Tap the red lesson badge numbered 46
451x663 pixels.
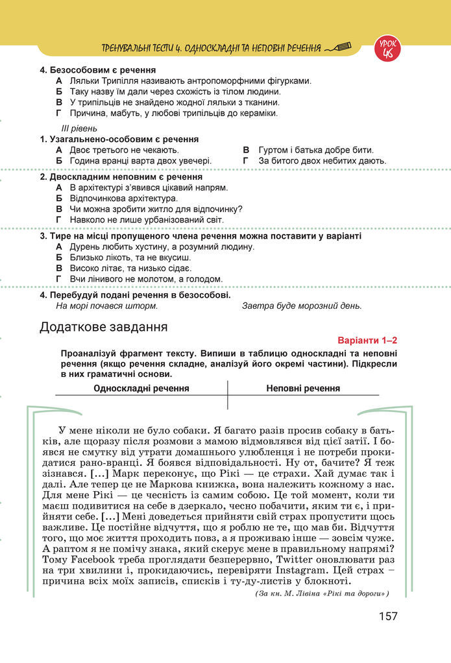[x=387, y=49]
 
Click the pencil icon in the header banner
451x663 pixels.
[x=339, y=47]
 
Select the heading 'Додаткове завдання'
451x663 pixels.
[x=103, y=326]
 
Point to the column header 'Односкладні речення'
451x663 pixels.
[x=141, y=388]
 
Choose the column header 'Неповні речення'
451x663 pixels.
[x=302, y=388]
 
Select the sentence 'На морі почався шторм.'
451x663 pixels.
[x=107, y=306]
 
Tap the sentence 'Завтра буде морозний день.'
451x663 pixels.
[x=302, y=306]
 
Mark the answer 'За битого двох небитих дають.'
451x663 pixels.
[x=323, y=160]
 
